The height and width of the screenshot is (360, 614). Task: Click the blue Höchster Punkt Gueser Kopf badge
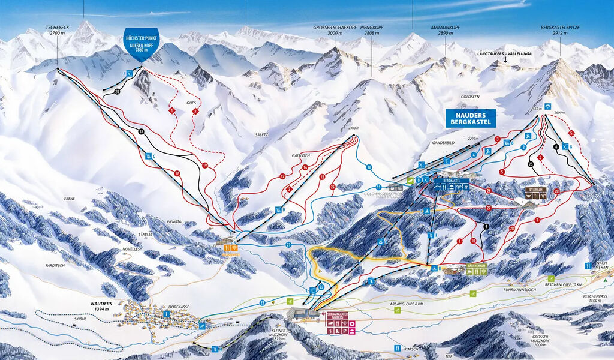(139, 41)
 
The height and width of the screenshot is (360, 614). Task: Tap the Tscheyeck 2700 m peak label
(58, 31)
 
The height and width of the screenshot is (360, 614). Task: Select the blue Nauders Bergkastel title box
(471, 118)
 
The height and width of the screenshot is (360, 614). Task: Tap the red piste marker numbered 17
(177, 173)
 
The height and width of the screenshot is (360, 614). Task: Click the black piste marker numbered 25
(531, 164)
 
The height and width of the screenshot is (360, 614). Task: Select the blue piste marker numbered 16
(369, 167)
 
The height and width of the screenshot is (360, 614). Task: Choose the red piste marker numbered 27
(489, 208)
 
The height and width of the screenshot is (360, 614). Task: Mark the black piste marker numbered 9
(486, 226)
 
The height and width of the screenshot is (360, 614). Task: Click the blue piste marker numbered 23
(262, 304)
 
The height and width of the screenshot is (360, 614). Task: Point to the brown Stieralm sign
(532, 193)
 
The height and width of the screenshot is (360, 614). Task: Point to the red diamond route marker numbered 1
(171, 111)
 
